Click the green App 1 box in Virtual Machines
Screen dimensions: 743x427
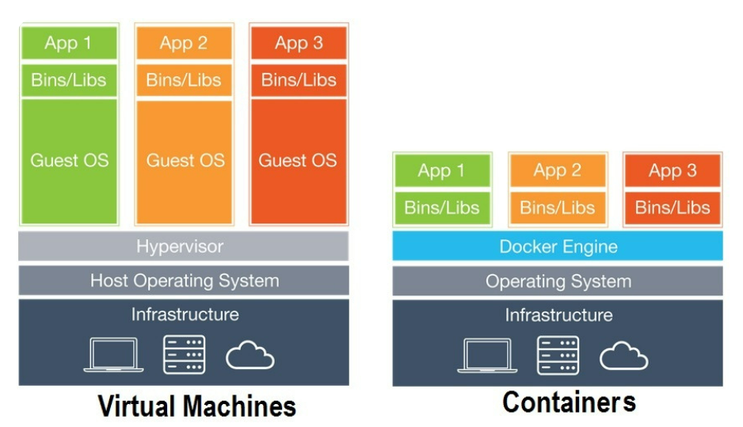tap(69, 43)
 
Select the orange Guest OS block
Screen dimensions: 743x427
tap(185, 162)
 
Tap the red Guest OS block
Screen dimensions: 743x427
tap(299, 161)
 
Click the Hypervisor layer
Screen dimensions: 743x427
tap(184, 246)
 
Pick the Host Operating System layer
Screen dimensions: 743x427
tap(184, 280)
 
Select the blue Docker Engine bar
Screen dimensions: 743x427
tap(558, 246)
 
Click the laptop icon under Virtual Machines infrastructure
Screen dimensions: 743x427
tap(114, 354)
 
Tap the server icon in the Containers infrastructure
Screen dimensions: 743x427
tap(558, 356)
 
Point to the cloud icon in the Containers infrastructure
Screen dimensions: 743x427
tap(623, 356)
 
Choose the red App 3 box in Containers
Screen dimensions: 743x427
tap(673, 170)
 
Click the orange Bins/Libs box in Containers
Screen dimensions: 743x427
tap(558, 208)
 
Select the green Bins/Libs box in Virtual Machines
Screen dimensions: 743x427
tap(69, 80)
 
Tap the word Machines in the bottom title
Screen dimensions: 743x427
tap(239, 406)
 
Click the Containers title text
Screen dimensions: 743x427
tap(569, 402)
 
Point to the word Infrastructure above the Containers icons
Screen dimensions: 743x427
tap(558, 315)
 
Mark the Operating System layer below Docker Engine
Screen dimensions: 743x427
tap(558, 281)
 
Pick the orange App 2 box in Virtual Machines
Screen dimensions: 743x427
tap(185, 43)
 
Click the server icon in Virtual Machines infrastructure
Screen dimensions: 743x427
tap(185, 354)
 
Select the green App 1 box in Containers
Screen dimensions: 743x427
tap(442, 170)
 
